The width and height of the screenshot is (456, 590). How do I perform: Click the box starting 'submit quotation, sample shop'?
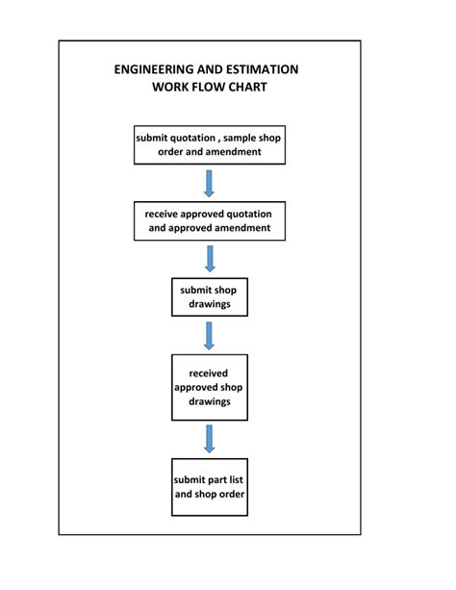pos(209,144)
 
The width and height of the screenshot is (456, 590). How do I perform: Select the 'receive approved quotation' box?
pos(209,220)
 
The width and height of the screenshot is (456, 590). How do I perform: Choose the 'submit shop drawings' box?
pos(209,296)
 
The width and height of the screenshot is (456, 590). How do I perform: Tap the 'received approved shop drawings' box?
pos(209,387)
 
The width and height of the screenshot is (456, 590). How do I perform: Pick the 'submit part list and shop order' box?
pos(209,486)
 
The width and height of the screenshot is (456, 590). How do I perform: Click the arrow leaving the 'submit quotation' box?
pos(209,183)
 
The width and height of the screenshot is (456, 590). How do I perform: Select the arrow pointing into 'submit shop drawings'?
pos(209,258)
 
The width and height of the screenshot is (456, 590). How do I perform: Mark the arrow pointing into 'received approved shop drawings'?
pos(209,335)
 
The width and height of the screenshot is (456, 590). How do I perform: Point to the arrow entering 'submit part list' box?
pos(209,438)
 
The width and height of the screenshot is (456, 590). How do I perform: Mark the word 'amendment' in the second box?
pos(238,228)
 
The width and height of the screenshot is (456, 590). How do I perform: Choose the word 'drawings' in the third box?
pos(209,304)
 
